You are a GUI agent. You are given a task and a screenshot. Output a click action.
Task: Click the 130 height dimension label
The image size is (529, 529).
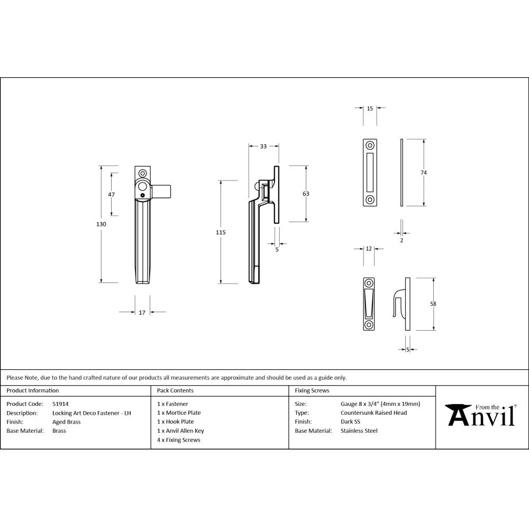pyautogui.click(x=102, y=224)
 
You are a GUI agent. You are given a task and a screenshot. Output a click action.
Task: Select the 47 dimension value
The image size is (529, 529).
pyautogui.click(x=111, y=194)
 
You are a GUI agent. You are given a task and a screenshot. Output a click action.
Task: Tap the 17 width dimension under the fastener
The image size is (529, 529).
pyautogui.click(x=142, y=313)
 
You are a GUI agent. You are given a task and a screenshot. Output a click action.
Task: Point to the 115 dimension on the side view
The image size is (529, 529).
pyautogui.click(x=221, y=232)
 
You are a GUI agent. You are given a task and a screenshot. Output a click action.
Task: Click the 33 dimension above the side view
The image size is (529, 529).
pyautogui.click(x=263, y=147)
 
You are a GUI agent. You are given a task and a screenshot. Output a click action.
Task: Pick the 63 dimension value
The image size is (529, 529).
pyautogui.click(x=306, y=194)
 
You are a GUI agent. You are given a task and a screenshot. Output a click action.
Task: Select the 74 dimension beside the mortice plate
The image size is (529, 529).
pyautogui.click(x=424, y=172)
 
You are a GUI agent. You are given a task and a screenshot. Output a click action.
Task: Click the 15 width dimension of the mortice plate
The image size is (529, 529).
pyautogui.click(x=370, y=108)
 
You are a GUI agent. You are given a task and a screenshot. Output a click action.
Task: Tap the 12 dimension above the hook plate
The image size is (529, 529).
pyautogui.click(x=369, y=248)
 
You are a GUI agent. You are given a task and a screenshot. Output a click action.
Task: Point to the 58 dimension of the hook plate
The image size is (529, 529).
pyautogui.click(x=433, y=304)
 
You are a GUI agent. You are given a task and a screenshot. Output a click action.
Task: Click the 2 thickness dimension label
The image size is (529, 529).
pyautogui.click(x=402, y=240)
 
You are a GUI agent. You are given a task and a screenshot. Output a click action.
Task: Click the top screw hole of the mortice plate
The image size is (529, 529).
pyautogui.click(x=370, y=145)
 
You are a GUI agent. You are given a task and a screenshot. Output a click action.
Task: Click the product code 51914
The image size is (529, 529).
pyautogui.click(x=60, y=404)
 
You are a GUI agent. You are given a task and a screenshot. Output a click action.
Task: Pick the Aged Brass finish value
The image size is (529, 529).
pyautogui.click(x=66, y=422)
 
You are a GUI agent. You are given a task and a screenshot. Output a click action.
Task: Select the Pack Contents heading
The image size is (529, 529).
pyautogui.click(x=175, y=390)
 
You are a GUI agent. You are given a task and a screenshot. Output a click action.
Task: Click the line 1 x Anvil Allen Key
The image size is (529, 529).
pyautogui.click(x=180, y=431)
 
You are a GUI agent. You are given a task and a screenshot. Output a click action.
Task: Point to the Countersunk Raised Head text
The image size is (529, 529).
pyautogui.click(x=373, y=413)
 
